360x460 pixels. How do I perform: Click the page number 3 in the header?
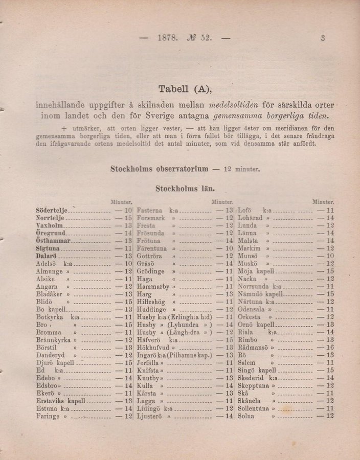tap(324, 38)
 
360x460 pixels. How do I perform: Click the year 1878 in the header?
tap(167, 38)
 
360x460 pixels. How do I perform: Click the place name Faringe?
tap(48, 417)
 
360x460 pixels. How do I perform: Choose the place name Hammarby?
tap(153, 287)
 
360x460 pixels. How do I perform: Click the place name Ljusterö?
tap(150, 417)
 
